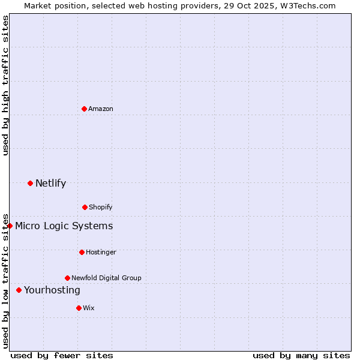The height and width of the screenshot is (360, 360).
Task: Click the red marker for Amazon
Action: [x=84, y=109]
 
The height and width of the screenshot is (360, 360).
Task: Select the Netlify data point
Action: [x=30, y=183]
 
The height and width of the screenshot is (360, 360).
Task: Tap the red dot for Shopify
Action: [x=85, y=207]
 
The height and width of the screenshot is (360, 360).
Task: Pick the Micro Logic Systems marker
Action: [x=10, y=226]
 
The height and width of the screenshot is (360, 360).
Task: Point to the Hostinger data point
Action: [x=82, y=252]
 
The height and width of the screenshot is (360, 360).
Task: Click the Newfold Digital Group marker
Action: [x=67, y=278]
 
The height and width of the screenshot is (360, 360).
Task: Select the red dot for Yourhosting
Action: [x=19, y=290]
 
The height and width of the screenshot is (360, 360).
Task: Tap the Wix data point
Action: [x=79, y=308]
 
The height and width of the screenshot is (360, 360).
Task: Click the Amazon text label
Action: [x=101, y=109]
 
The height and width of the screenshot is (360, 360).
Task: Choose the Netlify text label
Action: [x=50, y=183]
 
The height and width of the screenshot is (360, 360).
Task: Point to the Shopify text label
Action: [x=101, y=207]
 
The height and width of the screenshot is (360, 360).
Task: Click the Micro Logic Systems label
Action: [x=64, y=226]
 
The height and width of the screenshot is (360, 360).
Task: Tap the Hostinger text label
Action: [x=101, y=252]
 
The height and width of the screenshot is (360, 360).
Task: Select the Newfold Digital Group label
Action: [x=106, y=278]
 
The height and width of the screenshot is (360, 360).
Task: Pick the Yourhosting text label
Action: [x=52, y=290]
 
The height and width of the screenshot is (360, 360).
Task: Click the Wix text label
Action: [x=89, y=308]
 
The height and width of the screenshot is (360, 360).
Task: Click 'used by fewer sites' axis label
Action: [x=62, y=355]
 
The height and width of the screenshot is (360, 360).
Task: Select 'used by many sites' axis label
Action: [x=301, y=355]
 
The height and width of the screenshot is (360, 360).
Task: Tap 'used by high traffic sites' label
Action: [x=5, y=86]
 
